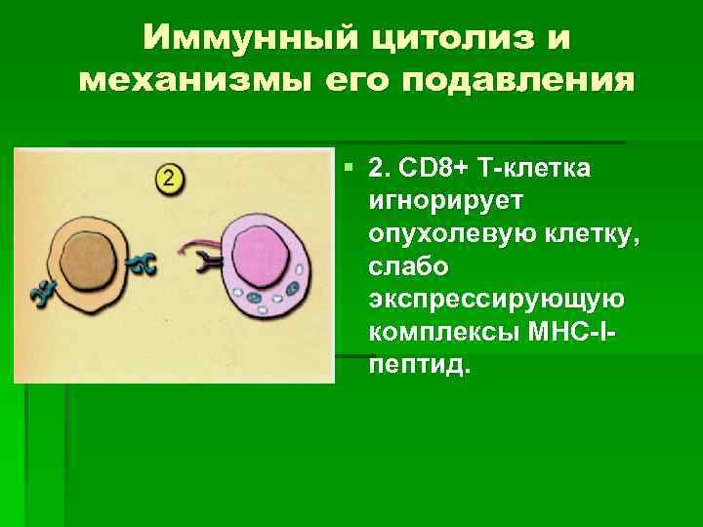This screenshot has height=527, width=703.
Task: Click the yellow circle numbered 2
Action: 169,179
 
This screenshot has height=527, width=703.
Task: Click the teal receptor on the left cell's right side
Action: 144,263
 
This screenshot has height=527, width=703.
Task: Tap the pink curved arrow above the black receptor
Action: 199,241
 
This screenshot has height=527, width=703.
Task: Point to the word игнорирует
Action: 446,202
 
